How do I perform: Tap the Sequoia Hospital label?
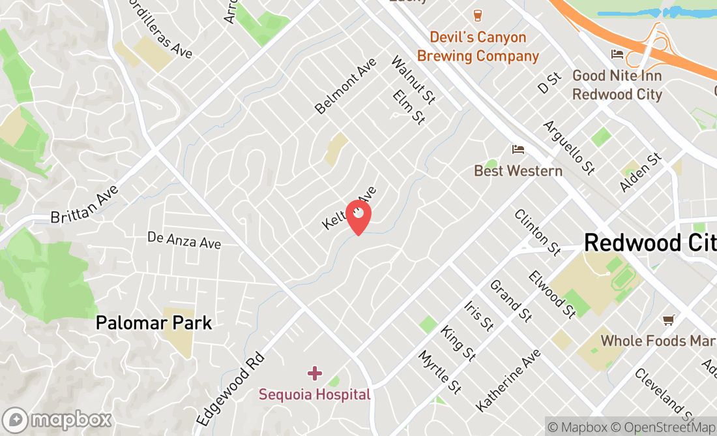(314, 394)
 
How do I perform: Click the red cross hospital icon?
(315, 373)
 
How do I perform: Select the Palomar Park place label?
(154, 322)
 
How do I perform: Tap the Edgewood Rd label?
(231, 389)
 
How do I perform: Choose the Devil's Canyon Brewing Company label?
(478, 46)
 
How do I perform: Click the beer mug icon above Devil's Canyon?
(478, 16)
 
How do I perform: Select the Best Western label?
(518, 171)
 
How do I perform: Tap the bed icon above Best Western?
(518, 150)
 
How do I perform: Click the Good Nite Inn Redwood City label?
(617, 85)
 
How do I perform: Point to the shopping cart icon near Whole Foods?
(668, 320)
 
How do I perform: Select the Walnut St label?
(413, 80)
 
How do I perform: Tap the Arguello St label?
(568, 148)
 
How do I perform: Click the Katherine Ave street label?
(508, 380)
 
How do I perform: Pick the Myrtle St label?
(440, 372)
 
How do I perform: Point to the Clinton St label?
(537, 232)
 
